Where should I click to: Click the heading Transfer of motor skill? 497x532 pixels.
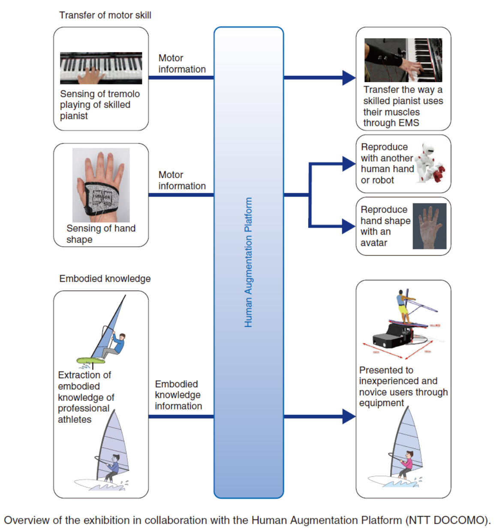[105, 15]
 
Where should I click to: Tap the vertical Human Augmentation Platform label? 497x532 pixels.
[248, 262]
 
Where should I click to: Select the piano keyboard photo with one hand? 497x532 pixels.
[101, 68]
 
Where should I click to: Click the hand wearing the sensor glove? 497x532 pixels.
[101, 185]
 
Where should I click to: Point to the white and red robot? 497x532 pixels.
[431, 164]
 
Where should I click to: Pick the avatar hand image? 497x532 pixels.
[429, 226]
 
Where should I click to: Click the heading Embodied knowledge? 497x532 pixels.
[105, 279]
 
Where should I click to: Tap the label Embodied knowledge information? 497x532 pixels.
[178, 395]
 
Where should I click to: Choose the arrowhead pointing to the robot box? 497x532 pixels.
[349, 164]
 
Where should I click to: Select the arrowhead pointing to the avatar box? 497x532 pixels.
[349, 226]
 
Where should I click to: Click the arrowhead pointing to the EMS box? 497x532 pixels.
[349, 78]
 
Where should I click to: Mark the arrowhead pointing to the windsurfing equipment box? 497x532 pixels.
[349, 416]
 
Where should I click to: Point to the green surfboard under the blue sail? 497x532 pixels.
[90, 361]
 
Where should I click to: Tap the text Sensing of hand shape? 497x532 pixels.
[101, 234]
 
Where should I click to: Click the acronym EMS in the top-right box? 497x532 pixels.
[408, 123]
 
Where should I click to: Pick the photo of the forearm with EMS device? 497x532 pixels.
[403, 60]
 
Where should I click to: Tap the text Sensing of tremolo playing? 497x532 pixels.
[99, 99]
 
